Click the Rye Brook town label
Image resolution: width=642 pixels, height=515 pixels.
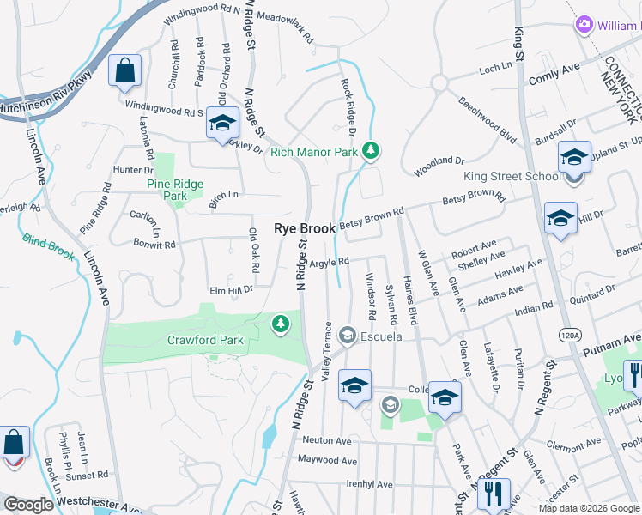point(305,229)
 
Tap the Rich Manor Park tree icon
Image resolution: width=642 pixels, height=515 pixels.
point(371,152)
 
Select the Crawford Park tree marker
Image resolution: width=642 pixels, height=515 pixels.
point(279,324)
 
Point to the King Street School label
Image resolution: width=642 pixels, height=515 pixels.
point(512,177)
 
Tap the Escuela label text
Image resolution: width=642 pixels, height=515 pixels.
point(382,336)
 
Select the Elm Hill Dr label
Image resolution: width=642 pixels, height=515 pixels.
point(230,290)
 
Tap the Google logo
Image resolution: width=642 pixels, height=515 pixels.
point(29,505)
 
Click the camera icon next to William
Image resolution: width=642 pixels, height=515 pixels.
point(585,24)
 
